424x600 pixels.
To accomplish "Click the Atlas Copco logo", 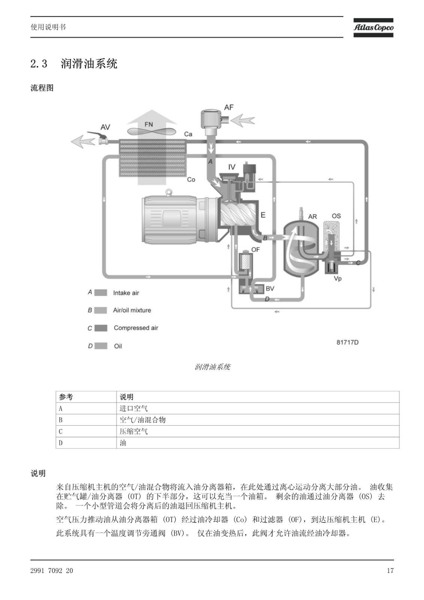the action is tap(373, 28).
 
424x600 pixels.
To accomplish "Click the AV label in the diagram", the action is tap(105, 127).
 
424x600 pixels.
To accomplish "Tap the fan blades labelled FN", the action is tap(151, 131).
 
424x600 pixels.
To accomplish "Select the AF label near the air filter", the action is tap(229, 107).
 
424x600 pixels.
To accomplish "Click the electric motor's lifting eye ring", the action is tap(168, 192).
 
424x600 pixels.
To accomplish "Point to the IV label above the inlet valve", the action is tap(232, 167).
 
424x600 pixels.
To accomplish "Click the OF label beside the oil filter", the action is tap(256, 250).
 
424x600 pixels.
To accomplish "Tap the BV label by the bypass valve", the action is tap(270, 288).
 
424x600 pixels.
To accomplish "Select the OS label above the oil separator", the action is tap(336, 216).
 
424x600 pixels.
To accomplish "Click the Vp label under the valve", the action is tap(338, 279).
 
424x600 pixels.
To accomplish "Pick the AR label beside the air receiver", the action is tap(313, 216).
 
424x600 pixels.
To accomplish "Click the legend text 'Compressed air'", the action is tap(136, 328).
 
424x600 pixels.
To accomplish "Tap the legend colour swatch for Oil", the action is tap(101, 346).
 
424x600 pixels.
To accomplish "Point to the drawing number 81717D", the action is tap(348, 342).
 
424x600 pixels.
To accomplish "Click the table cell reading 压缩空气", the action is tap(133, 432).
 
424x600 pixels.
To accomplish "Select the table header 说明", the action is tap(126, 397).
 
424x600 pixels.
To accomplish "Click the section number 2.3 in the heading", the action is tap(39, 64).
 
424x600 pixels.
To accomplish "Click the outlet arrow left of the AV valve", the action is tap(83, 141).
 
